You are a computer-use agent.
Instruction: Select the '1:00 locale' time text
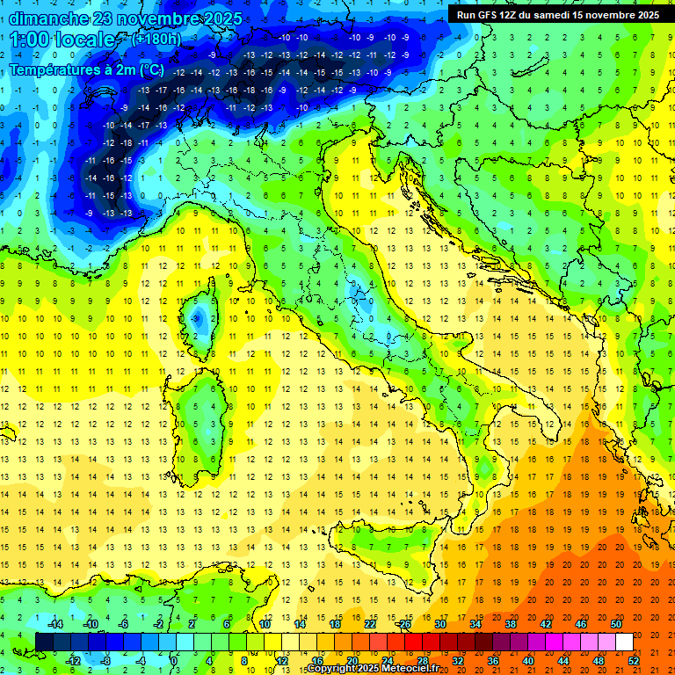(63, 40)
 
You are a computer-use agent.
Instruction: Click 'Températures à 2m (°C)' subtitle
(88, 69)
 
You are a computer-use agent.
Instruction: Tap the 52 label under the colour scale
(634, 660)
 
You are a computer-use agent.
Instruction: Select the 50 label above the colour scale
(616, 624)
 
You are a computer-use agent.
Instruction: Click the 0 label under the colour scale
(174, 660)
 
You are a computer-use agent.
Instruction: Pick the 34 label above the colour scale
(475, 624)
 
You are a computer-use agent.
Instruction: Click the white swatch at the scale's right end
(624, 642)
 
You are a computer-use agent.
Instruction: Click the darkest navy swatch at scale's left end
(44, 642)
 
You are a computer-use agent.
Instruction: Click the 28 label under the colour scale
(422, 660)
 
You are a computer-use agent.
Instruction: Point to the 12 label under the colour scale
(281, 660)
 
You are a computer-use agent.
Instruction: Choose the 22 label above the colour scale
(370, 624)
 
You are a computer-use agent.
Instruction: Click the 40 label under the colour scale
(528, 660)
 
